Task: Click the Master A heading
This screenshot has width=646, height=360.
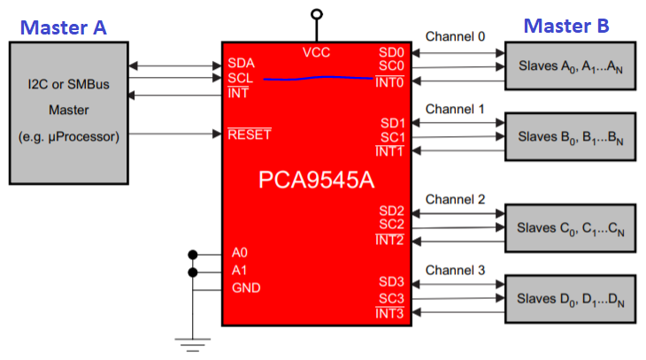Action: click(64, 28)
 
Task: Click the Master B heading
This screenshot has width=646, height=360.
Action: click(566, 26)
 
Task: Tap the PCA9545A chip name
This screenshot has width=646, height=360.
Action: click(316, 180)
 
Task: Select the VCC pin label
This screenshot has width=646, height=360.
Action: click(316, 52)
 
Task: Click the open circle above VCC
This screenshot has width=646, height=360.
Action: click(317, 14)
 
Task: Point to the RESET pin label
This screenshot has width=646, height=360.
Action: click(250, 134)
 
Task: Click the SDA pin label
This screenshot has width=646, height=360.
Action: click(241, 63)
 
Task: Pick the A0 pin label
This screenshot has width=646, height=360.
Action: click(239, 252)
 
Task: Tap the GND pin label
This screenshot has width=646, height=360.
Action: click(246, 287)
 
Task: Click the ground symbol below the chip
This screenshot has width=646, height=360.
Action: click(192, 345)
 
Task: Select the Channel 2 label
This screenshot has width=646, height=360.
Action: click(455, 199)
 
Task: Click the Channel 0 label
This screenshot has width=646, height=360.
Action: click(455, 36)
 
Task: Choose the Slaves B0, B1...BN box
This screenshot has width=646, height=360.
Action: click(570, 137)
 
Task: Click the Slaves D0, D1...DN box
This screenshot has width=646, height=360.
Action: click(570, 299)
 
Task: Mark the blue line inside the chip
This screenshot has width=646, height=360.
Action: click(318, 78)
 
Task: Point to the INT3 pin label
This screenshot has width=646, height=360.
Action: click(389, 313)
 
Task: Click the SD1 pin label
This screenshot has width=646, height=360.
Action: click(392, 123)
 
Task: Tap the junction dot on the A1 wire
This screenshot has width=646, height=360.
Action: click(192, 272)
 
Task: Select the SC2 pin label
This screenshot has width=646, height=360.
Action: click(391, 225)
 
